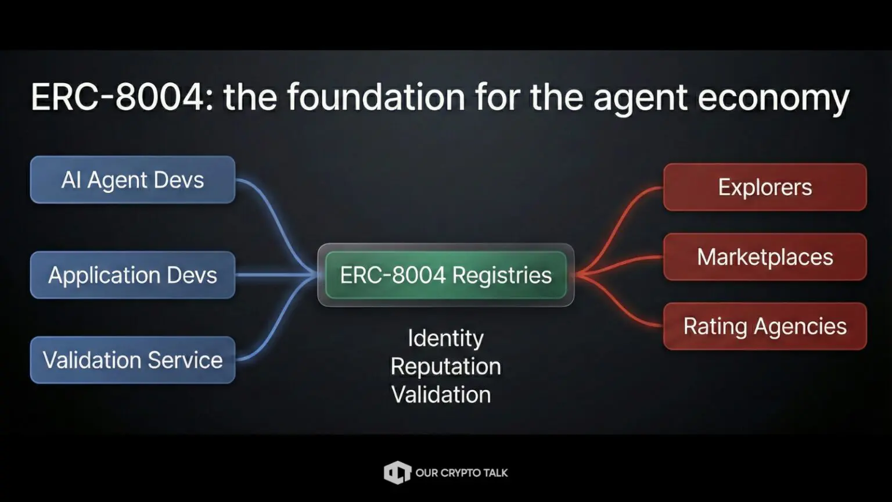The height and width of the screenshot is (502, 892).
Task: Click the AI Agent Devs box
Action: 132,180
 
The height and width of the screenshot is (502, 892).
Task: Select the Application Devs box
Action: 132,275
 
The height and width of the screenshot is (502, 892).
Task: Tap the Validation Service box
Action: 132,360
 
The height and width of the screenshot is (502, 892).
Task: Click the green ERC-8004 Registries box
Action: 445,275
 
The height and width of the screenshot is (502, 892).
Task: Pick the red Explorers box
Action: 765,187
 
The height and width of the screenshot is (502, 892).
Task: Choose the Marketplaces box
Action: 765,257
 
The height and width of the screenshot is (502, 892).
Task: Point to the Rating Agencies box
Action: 765,326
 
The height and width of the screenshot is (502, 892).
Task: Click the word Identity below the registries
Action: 445,338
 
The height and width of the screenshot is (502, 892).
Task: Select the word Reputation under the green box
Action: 445,367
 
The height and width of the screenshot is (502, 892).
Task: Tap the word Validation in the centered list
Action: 441,395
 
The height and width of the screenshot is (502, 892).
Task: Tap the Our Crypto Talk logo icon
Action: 397,472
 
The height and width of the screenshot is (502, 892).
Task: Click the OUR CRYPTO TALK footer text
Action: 462,473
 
